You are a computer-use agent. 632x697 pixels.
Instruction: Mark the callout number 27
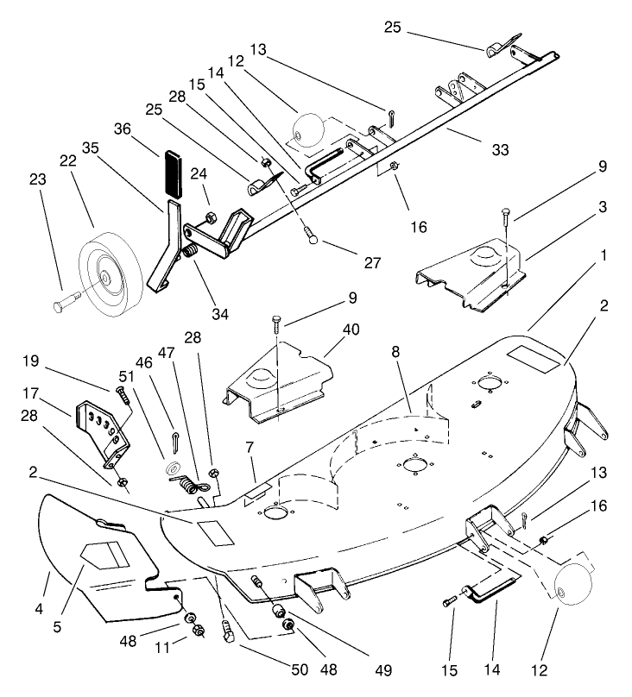click(372, 263)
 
